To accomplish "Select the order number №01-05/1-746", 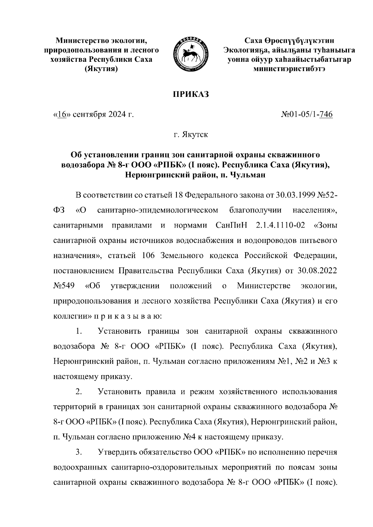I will (x=306, y=115).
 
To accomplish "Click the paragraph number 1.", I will (x=79, y=331).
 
